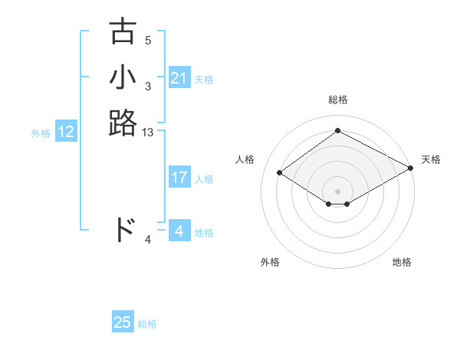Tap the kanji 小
click(x=123, y=77)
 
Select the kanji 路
click(x=123, y=123)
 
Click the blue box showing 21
click(x=179, y=78)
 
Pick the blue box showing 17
click(x=179, y=178)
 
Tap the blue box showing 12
click(x=66, y=132)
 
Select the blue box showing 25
click(x=123, y=322)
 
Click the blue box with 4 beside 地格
click(x=179, y=231)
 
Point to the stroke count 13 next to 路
click(x=148, y=133)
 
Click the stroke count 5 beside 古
click(x=148, y=41)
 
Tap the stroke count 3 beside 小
click(x=148, y=87)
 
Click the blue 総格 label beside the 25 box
click(x=147, y=324)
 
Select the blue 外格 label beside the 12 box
click(x=41, y=133)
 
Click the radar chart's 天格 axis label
click(x=431, y=159)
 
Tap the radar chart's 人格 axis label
click(x=245, y=159)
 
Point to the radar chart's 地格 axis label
click(x=402, y=263)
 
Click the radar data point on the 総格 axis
click(x=337, y=130)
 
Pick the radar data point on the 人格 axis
click(x=279, y=172)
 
